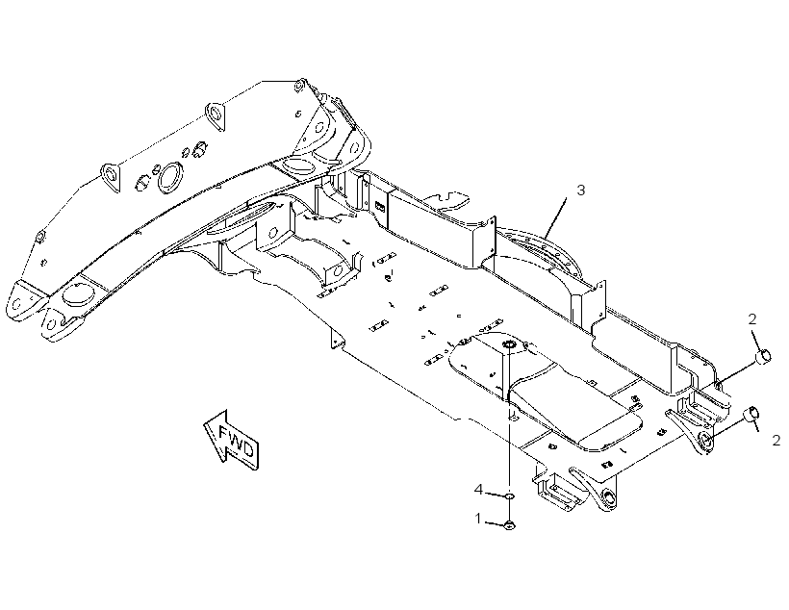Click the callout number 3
coord(580,191)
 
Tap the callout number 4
coord(479,489)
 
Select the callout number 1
coord(478,519)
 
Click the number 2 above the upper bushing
coord(752,319)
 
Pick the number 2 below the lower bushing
coord(776,441)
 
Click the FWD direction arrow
coord(232,439)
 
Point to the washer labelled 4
coord(510,496)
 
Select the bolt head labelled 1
coord(510,525)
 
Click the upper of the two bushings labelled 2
coord(764,356)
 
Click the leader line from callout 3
coord(555,217)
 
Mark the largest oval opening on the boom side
coord(169,177)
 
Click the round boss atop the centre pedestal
coord(508,344)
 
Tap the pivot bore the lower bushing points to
coord(705,440)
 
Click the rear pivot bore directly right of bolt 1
coord(608,498)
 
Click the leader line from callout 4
coord(495,494)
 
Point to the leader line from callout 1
coord(495,523)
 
